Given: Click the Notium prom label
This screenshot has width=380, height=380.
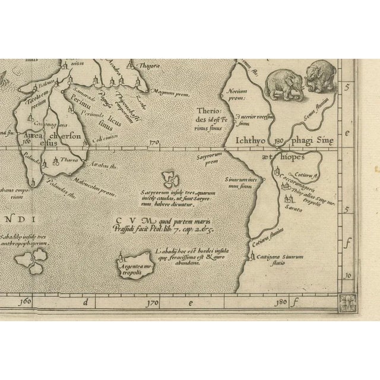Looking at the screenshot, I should click(236, 95).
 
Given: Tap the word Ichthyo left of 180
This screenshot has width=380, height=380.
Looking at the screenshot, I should click(254, 141).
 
